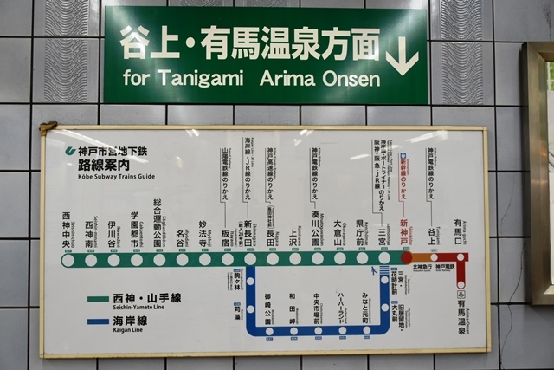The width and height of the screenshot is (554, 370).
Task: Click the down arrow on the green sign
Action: pyautogui.click(x=401, y=55)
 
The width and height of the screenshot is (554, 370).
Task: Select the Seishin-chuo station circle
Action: pyautogui.click(x=68, y=259)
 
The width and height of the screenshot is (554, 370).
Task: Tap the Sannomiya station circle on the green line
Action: pyautogui.click(x=383, y=258)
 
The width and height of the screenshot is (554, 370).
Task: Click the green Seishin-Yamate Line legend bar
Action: pyautogui.click(x=98, y=300)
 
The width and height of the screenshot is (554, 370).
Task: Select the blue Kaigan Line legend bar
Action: pyautogui.click(x=98, y=321)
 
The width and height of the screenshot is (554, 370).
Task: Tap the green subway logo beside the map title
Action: pyautogui.click(x=71, y=152)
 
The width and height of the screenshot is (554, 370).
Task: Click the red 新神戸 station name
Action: pyautogui.click(x=404, y=233)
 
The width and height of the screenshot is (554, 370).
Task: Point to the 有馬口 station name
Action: pyautogui.click(x=460, y=232)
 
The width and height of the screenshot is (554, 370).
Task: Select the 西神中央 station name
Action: pyautogui.click(x=68, y=230)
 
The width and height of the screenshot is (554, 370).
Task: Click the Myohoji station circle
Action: pyautogui.click(x=203, y=259)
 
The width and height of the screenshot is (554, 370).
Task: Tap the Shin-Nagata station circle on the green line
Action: pyautogui.click(x=249, y=258)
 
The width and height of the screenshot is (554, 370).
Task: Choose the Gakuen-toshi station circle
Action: pyautogui.click(x=136, y=259)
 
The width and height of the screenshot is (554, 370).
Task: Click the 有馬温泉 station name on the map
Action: pyautogui.click(x=461, y=315)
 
